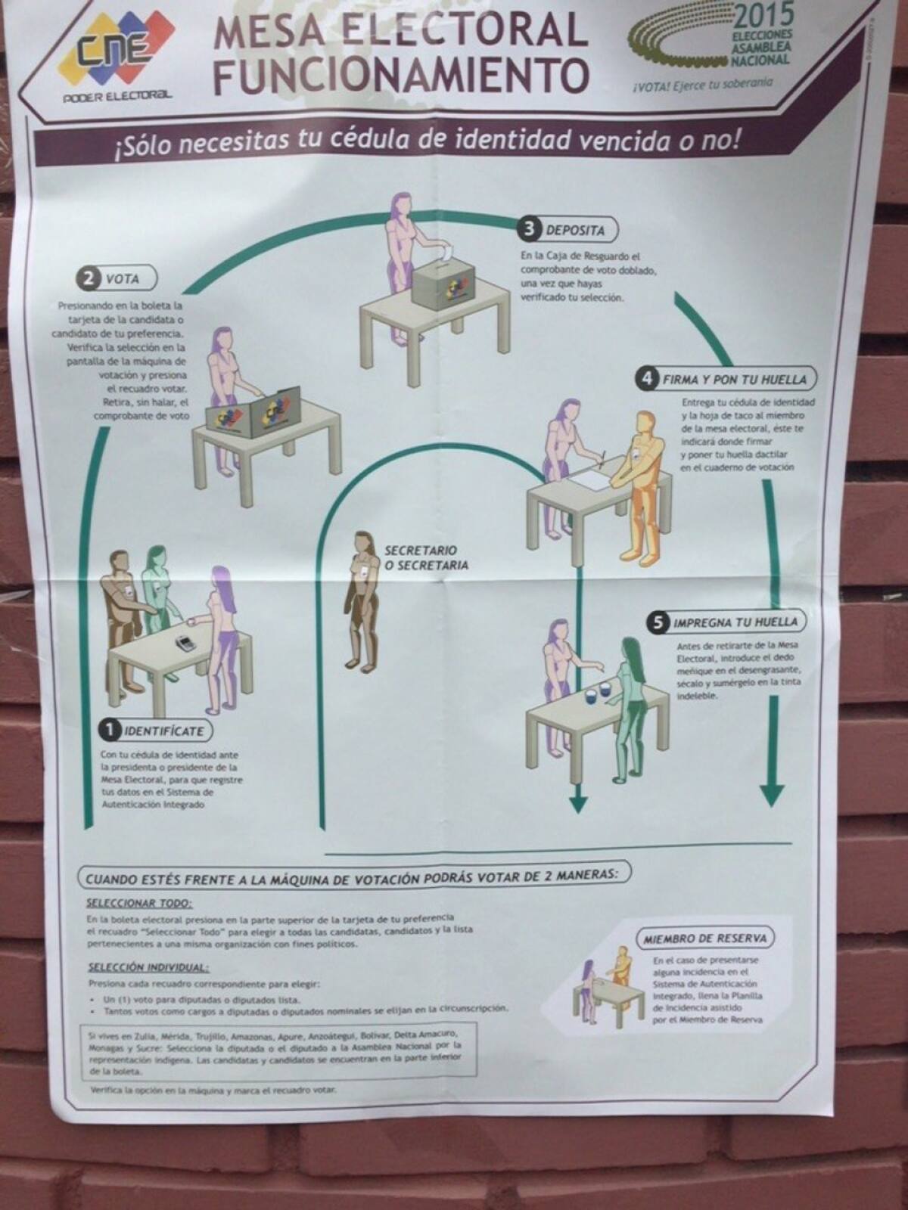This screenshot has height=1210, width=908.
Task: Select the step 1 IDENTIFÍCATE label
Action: [155, 731]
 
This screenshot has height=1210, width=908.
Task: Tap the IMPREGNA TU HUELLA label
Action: [726, 622]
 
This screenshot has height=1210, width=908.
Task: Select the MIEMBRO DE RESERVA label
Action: [704, 939]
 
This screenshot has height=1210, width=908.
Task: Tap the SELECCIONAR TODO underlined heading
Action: [139, 903]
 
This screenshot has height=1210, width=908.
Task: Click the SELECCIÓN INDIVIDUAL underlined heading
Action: [148, 967]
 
